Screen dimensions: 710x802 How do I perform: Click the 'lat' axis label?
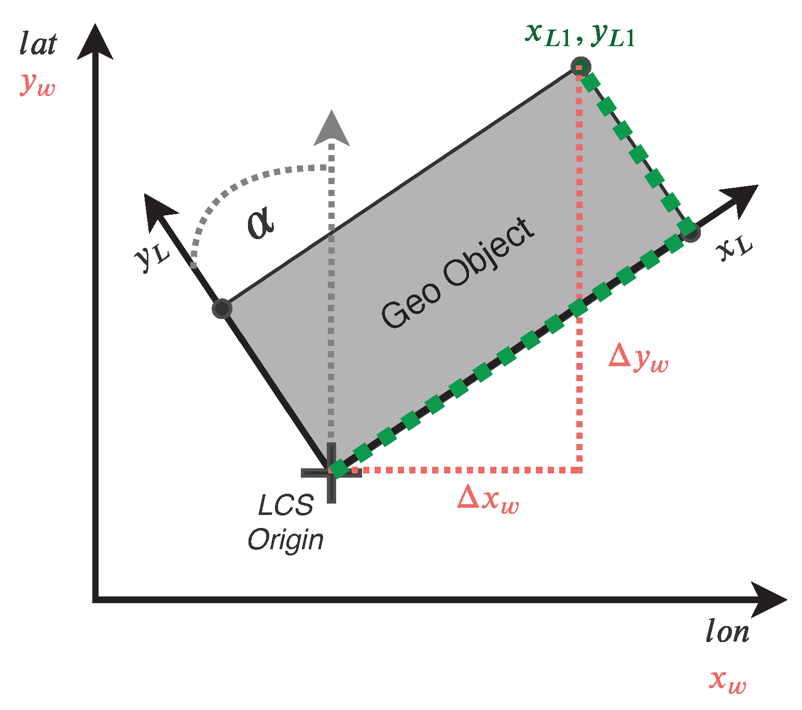[38, 44]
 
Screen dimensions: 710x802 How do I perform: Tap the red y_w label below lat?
[37, 84]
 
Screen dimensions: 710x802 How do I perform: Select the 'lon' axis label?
[727, 632]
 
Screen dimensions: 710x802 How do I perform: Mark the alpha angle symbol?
[260, 222]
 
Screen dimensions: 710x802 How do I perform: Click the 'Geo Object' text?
[458, 273]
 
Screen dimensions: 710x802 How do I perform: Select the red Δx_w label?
[488, 499]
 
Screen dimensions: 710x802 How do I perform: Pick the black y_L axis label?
[152, 255]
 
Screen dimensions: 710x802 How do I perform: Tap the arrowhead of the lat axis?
[95, 41]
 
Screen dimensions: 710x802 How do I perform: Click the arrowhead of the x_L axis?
[742, 199]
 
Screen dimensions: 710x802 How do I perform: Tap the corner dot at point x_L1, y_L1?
[580, 67]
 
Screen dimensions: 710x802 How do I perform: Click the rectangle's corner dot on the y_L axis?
[222, 309]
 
